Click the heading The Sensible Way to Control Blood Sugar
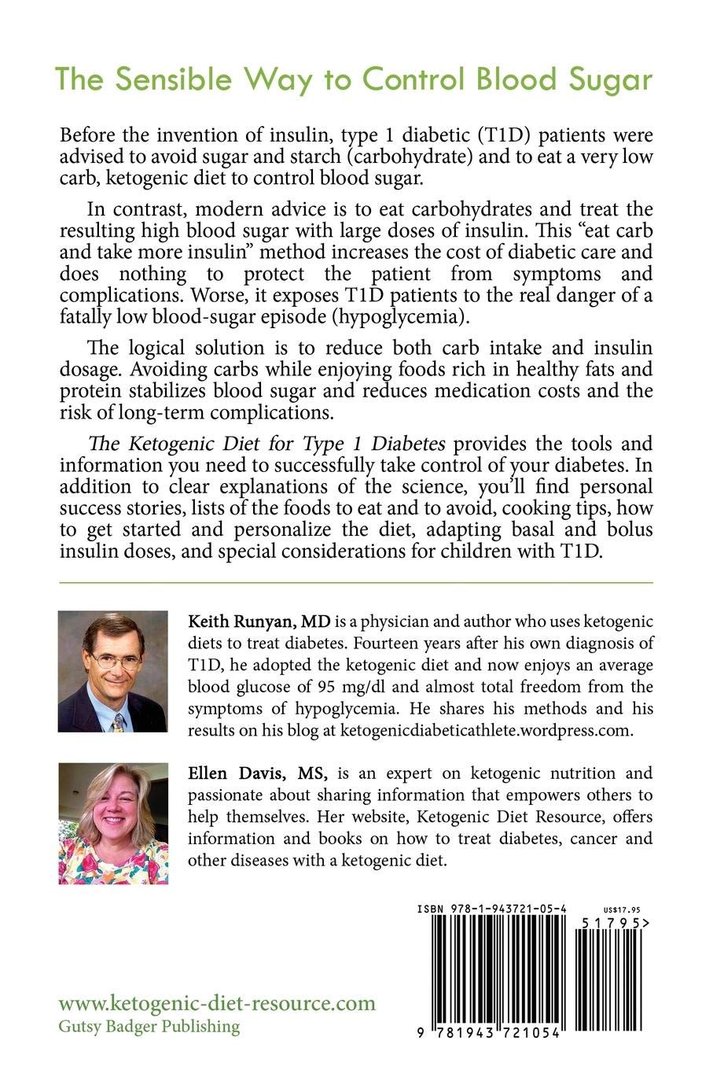[x=353, y=79]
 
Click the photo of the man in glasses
[x=112, y=671]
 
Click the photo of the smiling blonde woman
[x=112, y=823]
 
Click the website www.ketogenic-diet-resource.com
[x=217, y=1004]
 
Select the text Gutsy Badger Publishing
[x=149, y=1026]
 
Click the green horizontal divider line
[x=355, y=582]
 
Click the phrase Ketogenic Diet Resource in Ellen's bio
[x=513, y=817]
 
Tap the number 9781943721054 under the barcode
[x=492, y=1032]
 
